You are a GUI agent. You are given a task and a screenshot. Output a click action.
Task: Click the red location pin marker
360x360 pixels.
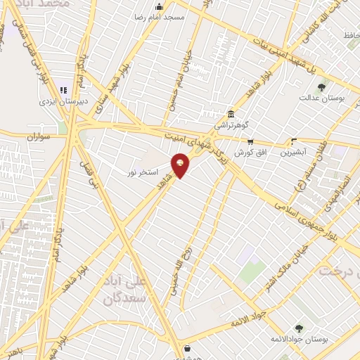point(181,165)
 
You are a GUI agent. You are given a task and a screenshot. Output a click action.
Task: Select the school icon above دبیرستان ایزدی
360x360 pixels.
point(63,90)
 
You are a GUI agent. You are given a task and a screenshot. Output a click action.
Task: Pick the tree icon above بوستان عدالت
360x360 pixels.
point(321,87)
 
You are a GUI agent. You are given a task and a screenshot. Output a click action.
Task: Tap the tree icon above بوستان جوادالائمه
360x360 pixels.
point(300,328)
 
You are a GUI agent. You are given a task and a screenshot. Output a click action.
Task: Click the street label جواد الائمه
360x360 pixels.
point(250,320)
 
